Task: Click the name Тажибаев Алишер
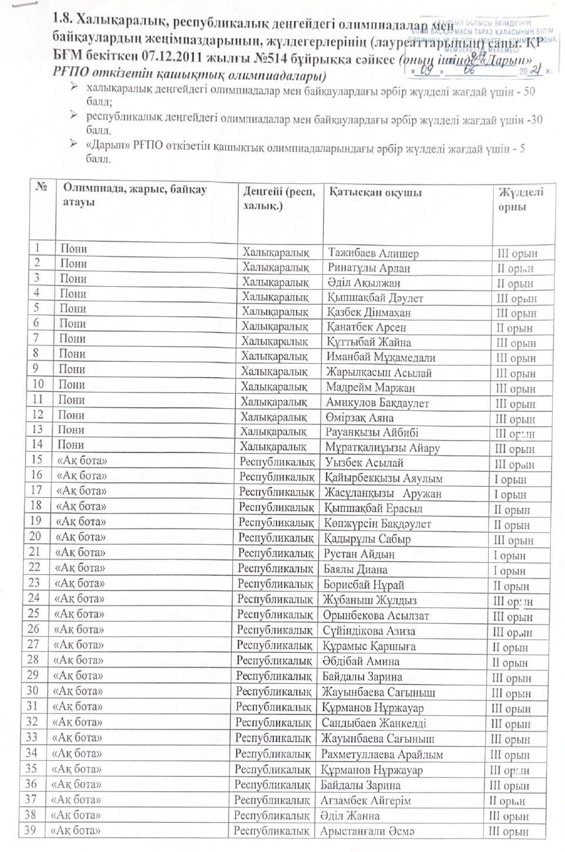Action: tap(373, 254)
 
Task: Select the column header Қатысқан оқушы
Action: tap(375, 193)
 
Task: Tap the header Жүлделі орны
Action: tap(520, 199)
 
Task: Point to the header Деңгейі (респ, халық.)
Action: tap(279, 199)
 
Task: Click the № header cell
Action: tap(42, 187)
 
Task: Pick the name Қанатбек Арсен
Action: tap(366, 327)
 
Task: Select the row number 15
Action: tap(37, 460)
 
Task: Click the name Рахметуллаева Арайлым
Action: tap(382, 754)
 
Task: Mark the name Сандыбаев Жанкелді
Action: tap(374, 723)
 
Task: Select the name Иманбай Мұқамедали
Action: tap(381, 357)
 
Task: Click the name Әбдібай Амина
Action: tap(361, 662)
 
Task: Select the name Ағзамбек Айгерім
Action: tap(365, 800)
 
